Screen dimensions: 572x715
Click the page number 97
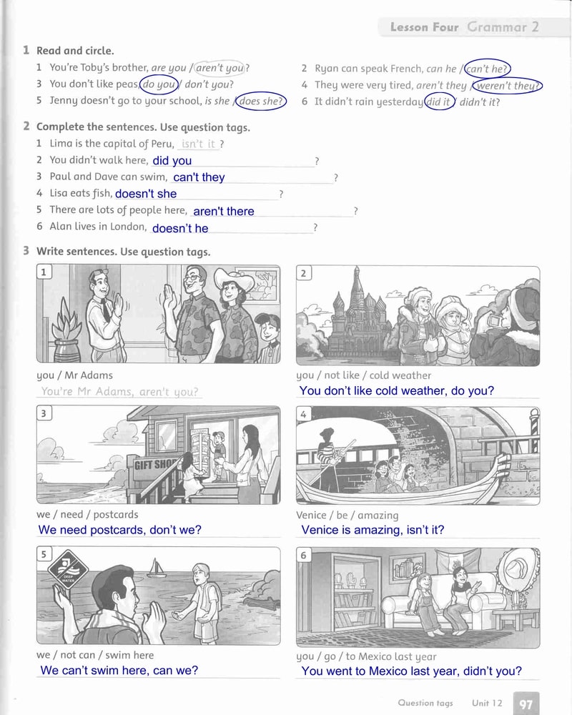click(526, 704)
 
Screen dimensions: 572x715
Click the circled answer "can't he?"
click(487, 69)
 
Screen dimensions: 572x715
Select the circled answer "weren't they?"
click(507, 86)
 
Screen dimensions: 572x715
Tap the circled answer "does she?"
click(260, 102)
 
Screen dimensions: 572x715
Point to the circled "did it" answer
click(440, 102)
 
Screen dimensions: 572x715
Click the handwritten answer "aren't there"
click(224, 211)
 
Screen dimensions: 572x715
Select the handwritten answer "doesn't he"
click(180, 228)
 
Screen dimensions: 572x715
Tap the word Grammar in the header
click(497, 27)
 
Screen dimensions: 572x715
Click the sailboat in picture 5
click(156, 568)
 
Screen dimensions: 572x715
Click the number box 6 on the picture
click(303, 555)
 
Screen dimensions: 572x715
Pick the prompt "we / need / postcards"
click(87, 514)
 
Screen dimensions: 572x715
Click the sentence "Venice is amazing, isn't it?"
click(373, 530)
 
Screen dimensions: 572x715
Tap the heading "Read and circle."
click(75, 50)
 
